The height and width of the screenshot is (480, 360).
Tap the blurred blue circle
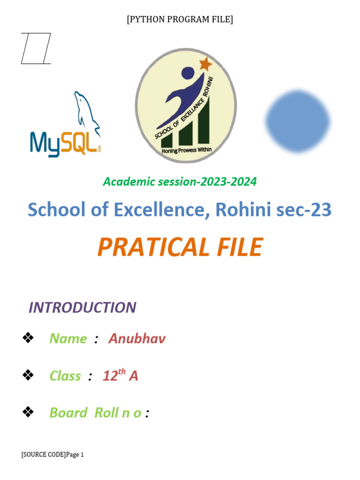[x=298, y=121]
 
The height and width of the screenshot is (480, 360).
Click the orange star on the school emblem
[x=205, y=64]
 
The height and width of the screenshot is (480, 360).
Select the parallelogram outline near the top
[x=36, y=48]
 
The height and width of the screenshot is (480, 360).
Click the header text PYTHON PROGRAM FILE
[x=180, y=19]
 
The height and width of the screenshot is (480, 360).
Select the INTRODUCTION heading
[x=82, y=307]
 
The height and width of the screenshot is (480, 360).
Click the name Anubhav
[x=137, y=338]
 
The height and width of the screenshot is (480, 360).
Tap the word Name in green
[x=68, y=338]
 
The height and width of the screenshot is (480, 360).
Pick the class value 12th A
[x=120, y=375]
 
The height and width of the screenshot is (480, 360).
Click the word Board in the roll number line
[x=68, y=412]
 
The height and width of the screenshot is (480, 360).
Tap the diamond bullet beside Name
[x=28, y=337]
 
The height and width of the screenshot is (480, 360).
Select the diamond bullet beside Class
[x=28, y=375]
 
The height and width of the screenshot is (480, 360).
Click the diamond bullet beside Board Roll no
[x=28, y=412]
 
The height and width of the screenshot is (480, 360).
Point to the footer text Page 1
[x=75, y=454]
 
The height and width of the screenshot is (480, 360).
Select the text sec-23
[x=304, y=210]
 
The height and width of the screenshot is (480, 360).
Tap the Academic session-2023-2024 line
[x=180, y=181]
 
